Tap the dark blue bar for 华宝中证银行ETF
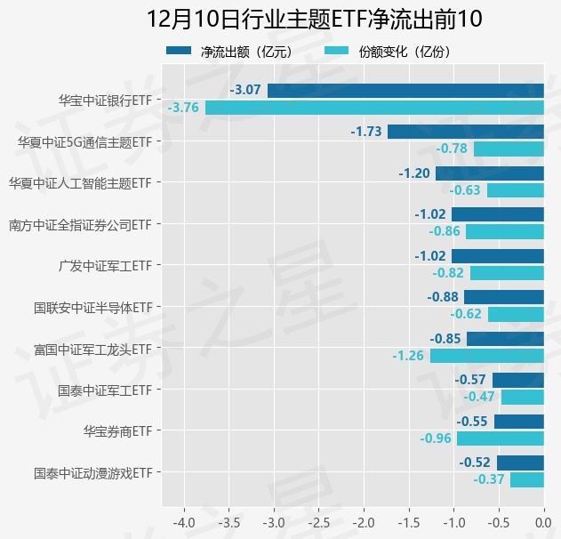coord(405,90)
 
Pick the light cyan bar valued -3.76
coord(374,108)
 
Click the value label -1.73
coord(366,132)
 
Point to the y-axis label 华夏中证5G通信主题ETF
coord(84,141)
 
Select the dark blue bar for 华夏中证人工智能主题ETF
coord(490,173)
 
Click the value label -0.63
coord(464,190)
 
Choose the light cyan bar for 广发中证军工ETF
coord(507,273)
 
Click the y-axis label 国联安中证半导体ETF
coord(92,307)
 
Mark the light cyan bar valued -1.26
coord(487,356)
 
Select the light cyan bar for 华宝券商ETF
coord(501,438)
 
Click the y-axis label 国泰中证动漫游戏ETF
coord(92,472)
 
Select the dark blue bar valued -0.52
coord(520,463)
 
